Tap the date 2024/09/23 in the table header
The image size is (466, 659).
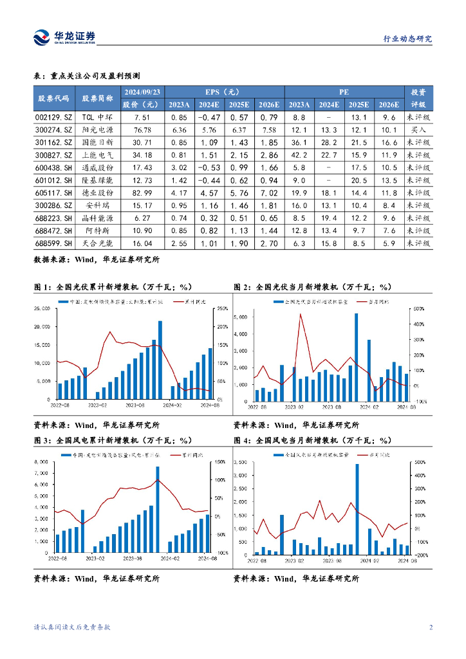tap(142, 91)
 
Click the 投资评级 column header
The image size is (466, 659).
tap(418, 98)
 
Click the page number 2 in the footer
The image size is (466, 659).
tap(431, 627)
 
